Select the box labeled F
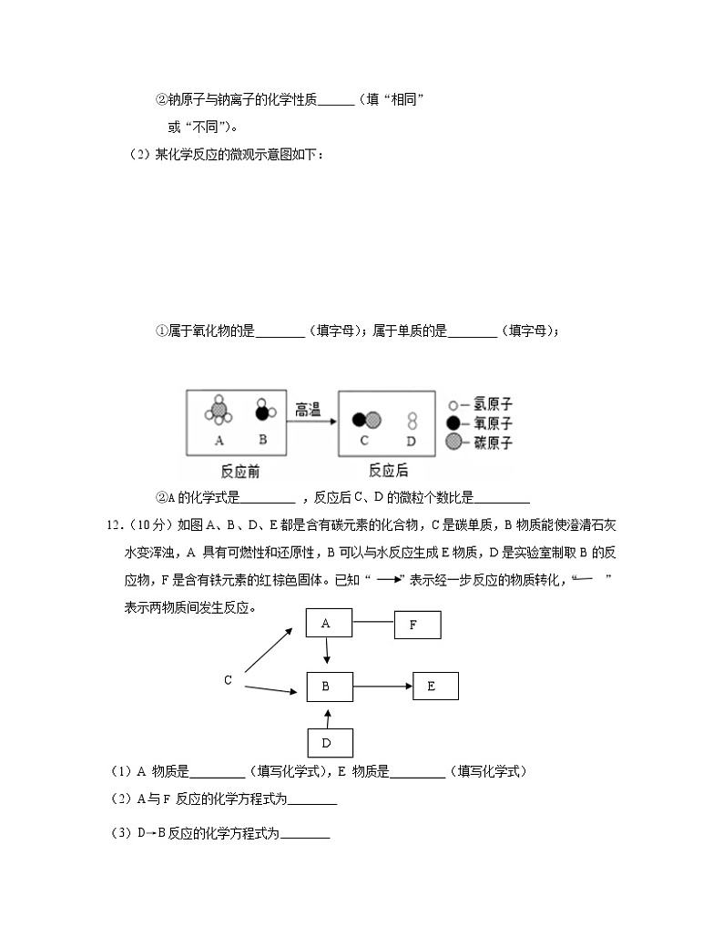(x=417, y=626)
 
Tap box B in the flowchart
(x=326, y=687)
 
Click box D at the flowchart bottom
(x=326, y=743)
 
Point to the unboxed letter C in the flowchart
(x=228, y=680)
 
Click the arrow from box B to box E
(x=382, y=687)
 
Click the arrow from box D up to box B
(x=326, y=716)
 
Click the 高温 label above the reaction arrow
(x=309, y=411)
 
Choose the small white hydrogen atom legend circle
(x=453, y=404)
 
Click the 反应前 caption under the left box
(x=239, y=471)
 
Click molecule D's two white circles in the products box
(x=412, y=420)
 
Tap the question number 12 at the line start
(x=115, y=524)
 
